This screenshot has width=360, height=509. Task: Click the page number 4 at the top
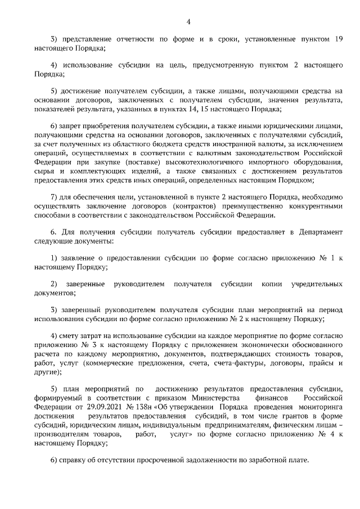pos(189,21)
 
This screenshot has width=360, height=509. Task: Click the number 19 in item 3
pos(338,39)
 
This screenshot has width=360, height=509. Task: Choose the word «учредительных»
pos(317,284)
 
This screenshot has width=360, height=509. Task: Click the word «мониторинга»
pos(321,407)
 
